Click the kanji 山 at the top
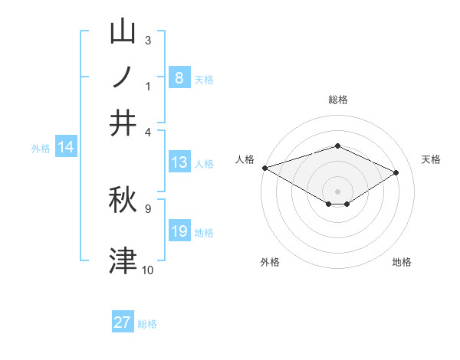123,33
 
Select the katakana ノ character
123,77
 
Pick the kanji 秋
123,198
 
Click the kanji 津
123,260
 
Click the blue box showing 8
179,77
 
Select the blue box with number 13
179,162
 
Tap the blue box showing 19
179,231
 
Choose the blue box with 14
66,148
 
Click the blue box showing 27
123,322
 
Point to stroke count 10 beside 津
147,270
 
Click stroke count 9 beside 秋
147,208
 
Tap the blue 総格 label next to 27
147,324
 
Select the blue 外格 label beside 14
41,149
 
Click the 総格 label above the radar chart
337,100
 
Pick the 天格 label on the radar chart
431,159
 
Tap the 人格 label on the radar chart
245,159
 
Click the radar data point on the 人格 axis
264,167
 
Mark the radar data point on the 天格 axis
396,172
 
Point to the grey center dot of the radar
337,191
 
